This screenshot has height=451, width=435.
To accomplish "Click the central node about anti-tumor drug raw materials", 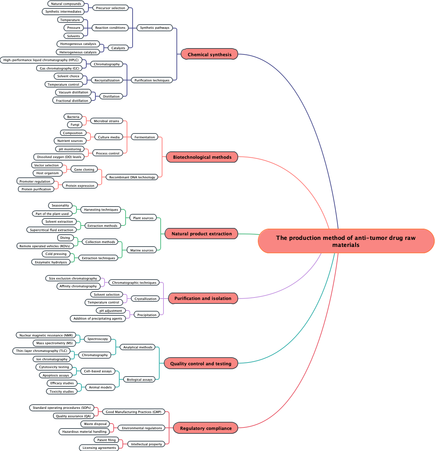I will pyautogui.click(x=346, y=241).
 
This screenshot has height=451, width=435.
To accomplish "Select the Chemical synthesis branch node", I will pyautogui.click(x=209, y=54).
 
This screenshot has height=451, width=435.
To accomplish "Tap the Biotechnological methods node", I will pyautogui.click(x=202, y=157).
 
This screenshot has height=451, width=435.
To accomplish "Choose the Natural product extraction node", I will pyautogui.click(x=201, y=234).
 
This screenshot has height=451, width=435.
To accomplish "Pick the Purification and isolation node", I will pyautogui.click(x=203, y=298).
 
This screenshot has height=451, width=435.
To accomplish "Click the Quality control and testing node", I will pyautogui.click(x=201, y=364).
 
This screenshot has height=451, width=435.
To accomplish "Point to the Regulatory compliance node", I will pyautogui.click(x=206, y=428).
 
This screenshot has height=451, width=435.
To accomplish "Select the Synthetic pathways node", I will pyautogui.click(x=154, y=28).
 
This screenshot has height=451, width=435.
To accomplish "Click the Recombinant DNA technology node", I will pyautogui.click(x=132, y=177).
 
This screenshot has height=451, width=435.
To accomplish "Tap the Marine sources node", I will pyautogui.click(x=142, y=250).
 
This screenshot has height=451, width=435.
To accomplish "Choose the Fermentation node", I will pyautogui.click(x=145, y=137).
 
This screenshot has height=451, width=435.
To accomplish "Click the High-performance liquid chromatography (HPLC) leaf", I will pyautogui.click(x=41, y=60).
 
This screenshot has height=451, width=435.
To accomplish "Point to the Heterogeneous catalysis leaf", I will pyautogui.click(x=78, y=52).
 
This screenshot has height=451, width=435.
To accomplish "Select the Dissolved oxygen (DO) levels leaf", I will pyautogui.click(x=59, y=157).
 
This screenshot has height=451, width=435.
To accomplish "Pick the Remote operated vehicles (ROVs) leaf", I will pyautogui.click(x=45, y=246).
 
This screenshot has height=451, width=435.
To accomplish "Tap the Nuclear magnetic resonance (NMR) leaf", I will pyautogui.click(x=46, y=335).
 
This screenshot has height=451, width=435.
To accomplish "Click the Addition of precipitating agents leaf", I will pyautogui.click(x=98, y=319).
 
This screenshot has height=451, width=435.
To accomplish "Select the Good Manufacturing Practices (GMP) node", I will pyautogui.click(x=133, y=412).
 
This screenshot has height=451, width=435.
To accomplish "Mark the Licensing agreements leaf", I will pyautogui.click(x=99, y=448).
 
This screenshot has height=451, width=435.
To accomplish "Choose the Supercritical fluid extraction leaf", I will pyautogui.click(x=52, y=230).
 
